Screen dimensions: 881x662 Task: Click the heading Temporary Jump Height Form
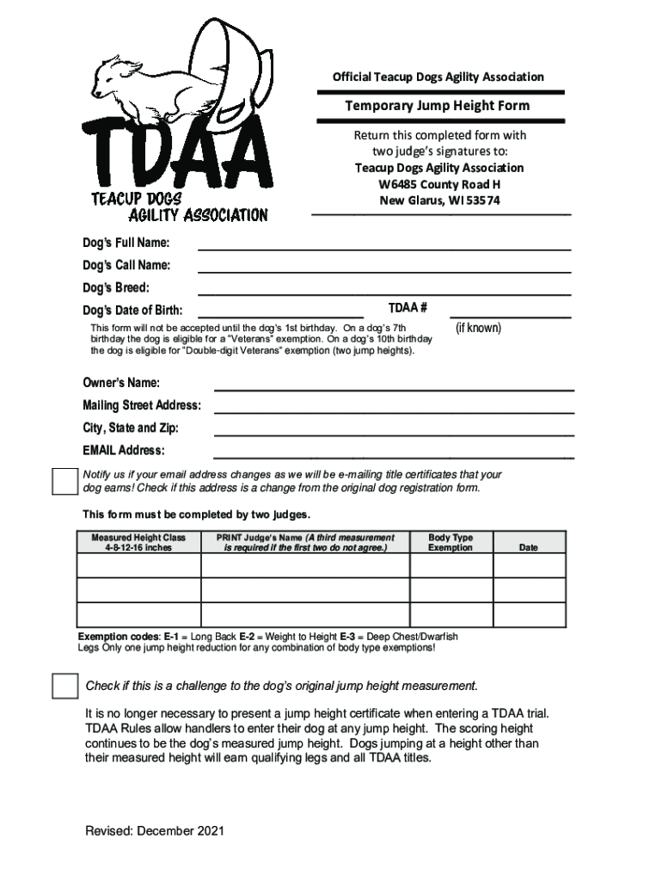pos(438,106)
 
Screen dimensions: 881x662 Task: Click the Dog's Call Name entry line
pos(384,268)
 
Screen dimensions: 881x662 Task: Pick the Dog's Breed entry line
pos(384,292)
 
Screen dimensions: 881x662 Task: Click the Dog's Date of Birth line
pos(280,315)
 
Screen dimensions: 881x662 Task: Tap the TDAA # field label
pos(408,308)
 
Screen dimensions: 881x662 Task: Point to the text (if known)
pos(478,328)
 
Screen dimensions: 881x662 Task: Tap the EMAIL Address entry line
pos(393,455)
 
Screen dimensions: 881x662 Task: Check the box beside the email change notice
pos(65,483)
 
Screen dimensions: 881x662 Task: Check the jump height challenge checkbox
pos(65,686)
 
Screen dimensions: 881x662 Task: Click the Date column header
pos(528,547)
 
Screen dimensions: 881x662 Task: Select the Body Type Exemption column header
pos(451,542)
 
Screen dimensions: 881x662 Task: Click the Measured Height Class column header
pos(138,542)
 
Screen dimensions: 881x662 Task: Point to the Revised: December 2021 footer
pos(155,830)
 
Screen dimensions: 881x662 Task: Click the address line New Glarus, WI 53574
pos(439,200)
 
